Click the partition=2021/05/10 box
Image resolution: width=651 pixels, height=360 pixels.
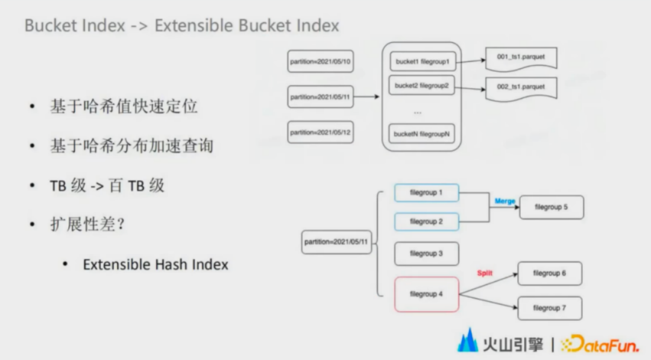click(x=320, y=62)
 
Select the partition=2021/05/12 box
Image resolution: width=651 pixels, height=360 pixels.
click(x=320, y=132)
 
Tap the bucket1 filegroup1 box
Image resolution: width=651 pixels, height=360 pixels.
click(x=422, y=61)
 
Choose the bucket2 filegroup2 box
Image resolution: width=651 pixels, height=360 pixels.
click(x=422, y=86)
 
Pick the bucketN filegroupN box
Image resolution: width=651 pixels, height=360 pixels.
click(x=422, y=134)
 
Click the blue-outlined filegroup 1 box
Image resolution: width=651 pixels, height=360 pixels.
click(x=426, y=193)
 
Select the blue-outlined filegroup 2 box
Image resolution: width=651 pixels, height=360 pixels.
click(x=426, y=221)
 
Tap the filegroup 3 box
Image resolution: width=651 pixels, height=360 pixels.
click(x=426, y=253)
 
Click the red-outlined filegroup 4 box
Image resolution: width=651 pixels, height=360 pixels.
click(x=426, y=294)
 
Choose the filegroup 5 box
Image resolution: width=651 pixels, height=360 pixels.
click(x=551, y=207)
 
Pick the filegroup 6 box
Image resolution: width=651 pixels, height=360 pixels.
click(x=549, y=273)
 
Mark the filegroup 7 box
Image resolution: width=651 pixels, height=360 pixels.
click(x=549, y=308)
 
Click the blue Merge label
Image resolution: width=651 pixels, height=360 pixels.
click(x=505, y=201)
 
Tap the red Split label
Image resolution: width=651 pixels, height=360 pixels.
click(x=485, y=273)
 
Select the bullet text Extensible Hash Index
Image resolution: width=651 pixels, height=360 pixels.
click(x=156, y=264)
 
